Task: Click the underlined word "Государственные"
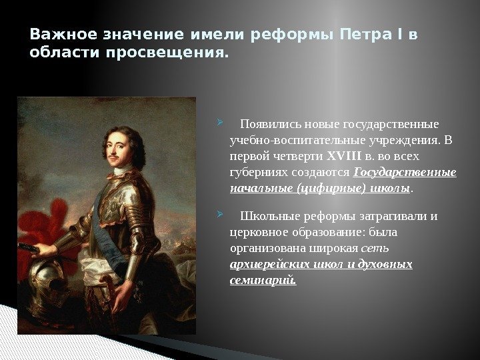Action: coord(405,173)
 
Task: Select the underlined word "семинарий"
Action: coord(262,280)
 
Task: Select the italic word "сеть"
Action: coord(375,249)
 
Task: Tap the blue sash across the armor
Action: coord(100,209)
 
